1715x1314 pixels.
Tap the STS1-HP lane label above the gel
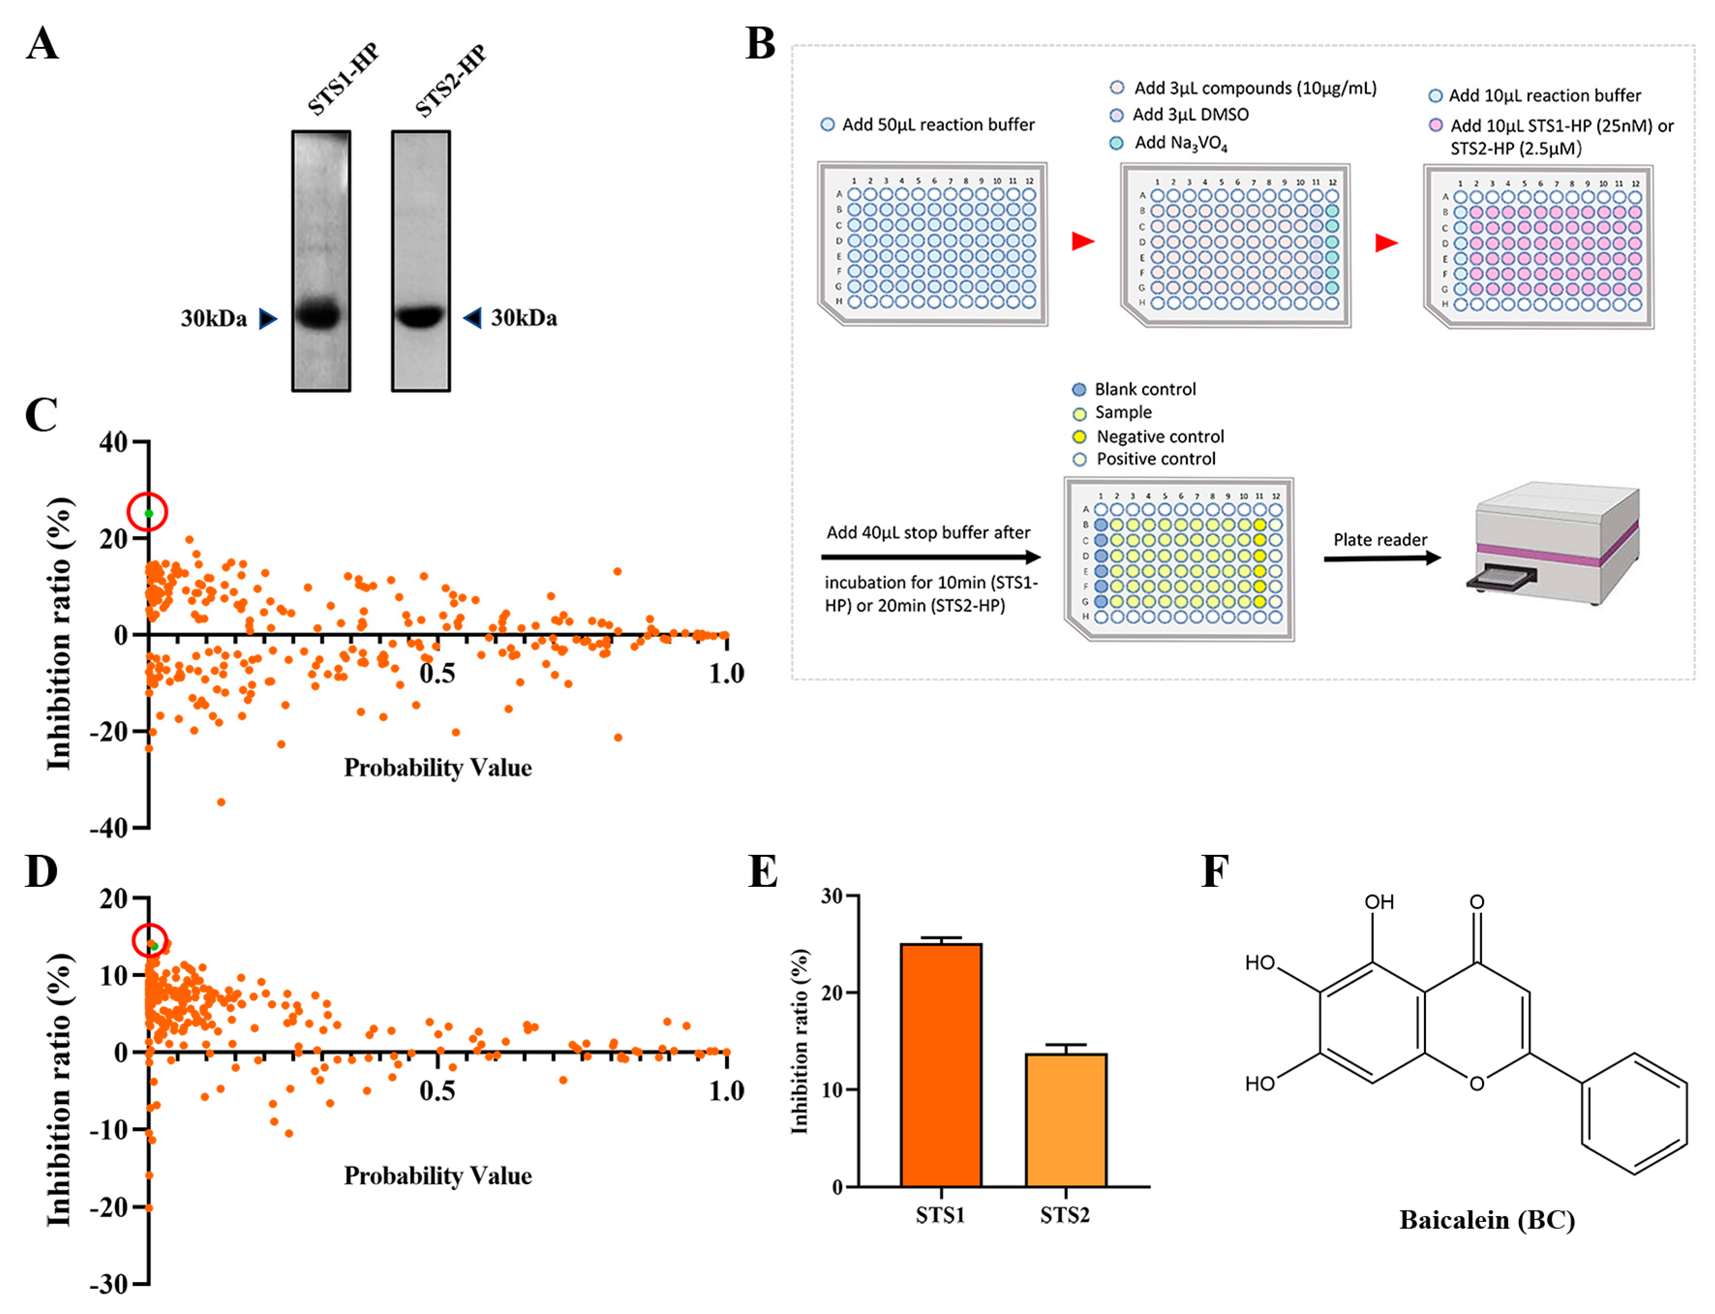tap(342, 78)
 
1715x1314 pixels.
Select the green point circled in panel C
tap(149, 513)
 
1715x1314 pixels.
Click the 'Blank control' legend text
tap(1144, 389)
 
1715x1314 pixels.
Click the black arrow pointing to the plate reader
tap(1381, 558)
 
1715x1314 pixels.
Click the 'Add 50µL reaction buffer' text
tap(937, 124)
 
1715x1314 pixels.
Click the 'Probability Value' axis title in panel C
tap(438, 767)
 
